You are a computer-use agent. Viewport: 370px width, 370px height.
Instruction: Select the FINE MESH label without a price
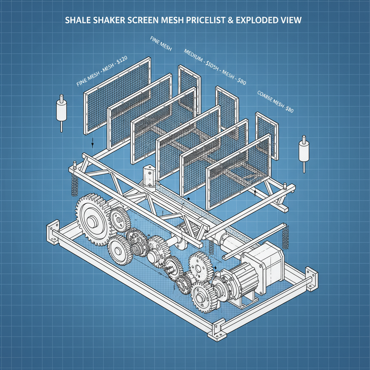point(160,44)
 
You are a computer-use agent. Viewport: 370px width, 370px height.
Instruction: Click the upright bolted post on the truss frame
point(148,176)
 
